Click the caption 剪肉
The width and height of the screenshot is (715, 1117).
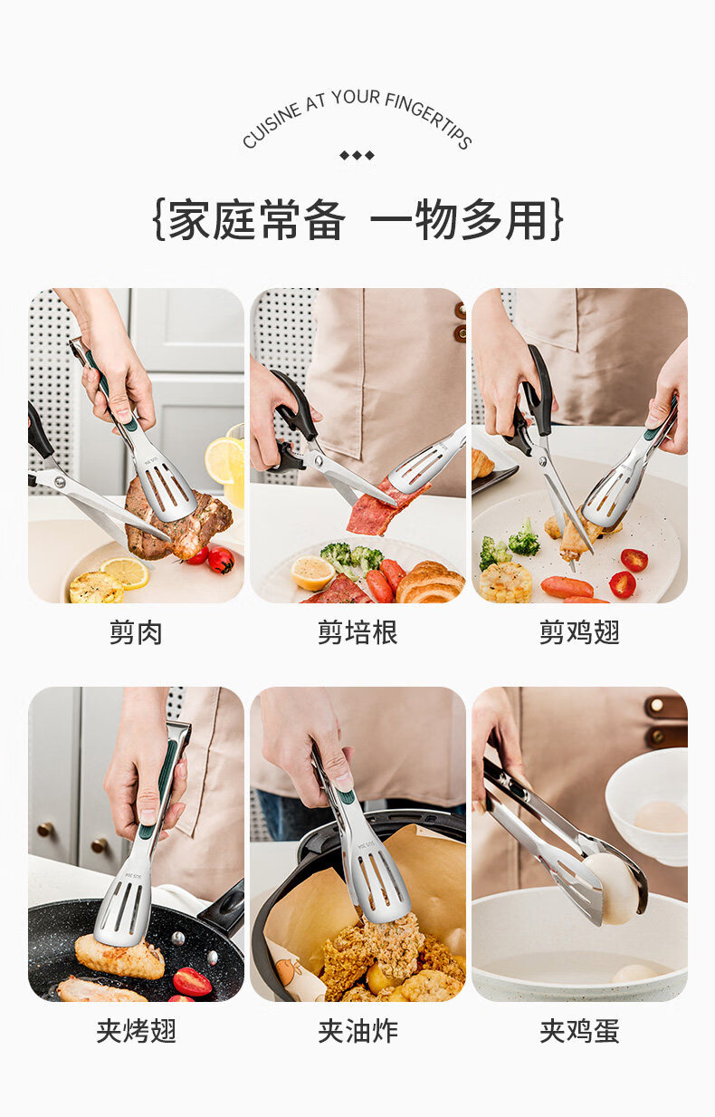tap(136, 633)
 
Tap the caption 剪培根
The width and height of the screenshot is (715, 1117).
tap(357, 633)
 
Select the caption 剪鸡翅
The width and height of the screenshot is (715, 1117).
tap(579, 633)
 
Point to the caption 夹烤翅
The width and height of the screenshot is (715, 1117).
tap(136, 1031)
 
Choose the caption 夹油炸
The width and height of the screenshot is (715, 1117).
tap(357, 1031)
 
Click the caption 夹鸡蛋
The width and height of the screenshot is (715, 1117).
tap(579, 1031)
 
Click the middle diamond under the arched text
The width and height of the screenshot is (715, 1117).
tap(357, 155)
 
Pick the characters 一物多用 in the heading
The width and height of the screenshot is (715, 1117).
tap(460, 220)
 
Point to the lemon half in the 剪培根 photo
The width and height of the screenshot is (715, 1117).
tap(312, 573)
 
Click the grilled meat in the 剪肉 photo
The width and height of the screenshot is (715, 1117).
tap(176, 521)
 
